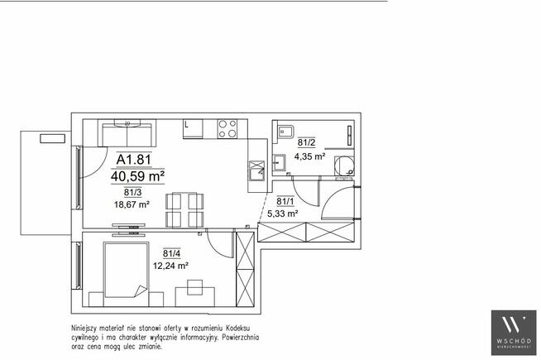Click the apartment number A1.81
tap(134, 160)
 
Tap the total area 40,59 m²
tap(137, 176)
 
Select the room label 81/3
tap(133, 193)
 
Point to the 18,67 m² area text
tap(132, 204)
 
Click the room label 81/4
tap(171, 254)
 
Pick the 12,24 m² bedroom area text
tap(170, 266)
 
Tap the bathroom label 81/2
tap(306, 142)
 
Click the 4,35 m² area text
tap(309, 156)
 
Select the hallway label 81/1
tap(285, 201)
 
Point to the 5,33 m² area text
tap(283, 214)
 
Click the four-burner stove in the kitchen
tap(227, 129)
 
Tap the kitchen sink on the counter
tap(257, 170)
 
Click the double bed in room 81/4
tap(127, 270)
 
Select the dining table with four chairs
tap(184, 210)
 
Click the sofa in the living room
tap(127, 133)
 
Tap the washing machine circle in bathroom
tap(344, 166)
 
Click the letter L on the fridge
tap(186, 125)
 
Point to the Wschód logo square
tap(514, 333)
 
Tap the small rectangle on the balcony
tap(52, 139)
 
